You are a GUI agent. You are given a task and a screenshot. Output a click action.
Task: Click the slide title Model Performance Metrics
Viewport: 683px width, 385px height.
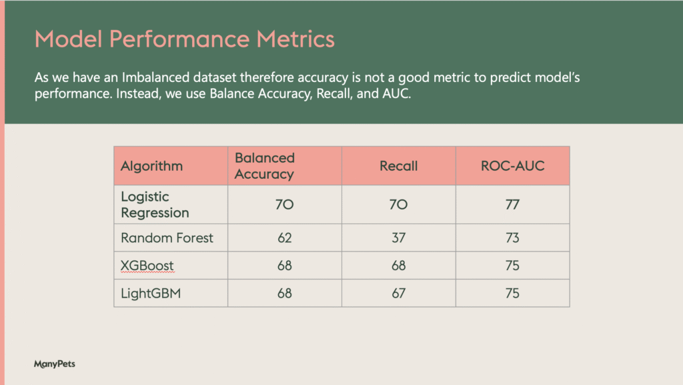(185, 39)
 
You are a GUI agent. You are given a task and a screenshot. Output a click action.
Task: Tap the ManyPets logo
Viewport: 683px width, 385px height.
(55, 364)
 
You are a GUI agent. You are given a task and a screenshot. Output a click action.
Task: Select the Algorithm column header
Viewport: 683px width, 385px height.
(151, 166)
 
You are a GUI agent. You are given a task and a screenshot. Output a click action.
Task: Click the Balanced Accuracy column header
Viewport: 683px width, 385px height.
(265, 166)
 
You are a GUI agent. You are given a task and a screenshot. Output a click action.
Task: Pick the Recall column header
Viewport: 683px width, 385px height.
(399, 166)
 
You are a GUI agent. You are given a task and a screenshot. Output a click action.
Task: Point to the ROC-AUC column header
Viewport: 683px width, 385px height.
(513, 166)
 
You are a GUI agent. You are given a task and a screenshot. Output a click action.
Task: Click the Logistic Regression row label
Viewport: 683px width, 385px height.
(155, 205)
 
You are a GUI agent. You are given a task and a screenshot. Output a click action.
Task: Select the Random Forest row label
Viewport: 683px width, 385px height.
(167, 238)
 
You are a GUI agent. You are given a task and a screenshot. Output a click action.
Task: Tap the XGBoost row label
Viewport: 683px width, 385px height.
(147, 266)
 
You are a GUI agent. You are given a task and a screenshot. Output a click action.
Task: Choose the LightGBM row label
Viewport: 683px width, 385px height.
(151, 294)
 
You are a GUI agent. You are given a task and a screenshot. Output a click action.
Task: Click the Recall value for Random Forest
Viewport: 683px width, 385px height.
(399, 238)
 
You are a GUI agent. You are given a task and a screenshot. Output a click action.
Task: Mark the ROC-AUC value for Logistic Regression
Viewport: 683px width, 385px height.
(513, 205)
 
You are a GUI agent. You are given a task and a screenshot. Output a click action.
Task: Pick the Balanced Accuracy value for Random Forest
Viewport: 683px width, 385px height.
(284, 238)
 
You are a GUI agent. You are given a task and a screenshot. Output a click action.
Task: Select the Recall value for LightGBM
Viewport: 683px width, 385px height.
(399, 294)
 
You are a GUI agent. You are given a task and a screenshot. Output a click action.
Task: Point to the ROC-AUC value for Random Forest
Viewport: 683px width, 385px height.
(513, 238)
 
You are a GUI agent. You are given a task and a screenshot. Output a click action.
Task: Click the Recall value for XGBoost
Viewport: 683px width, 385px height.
(399, 266)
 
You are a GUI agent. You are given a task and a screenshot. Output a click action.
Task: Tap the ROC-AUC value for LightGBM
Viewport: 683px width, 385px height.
(513, 294)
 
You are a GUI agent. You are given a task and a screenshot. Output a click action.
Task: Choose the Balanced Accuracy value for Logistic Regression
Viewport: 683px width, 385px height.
(284, 205)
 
